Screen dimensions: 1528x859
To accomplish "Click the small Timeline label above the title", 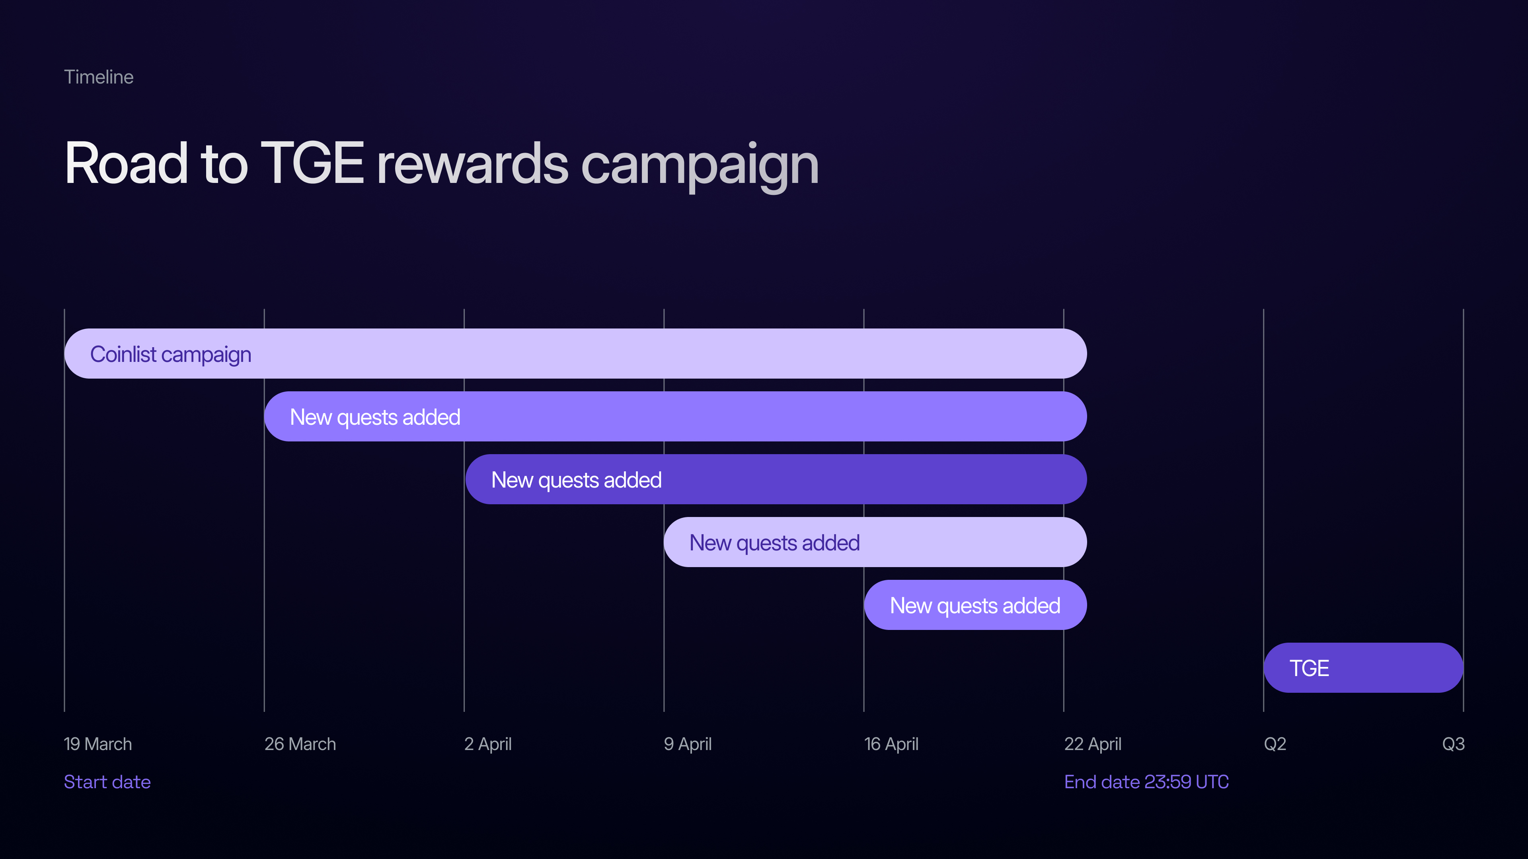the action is (x=98, y=77).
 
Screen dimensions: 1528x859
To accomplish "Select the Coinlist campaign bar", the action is (x=575, y=354).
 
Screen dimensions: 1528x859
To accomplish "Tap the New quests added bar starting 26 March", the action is (x=676, y=417).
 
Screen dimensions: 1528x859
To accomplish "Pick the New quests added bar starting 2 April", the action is (x=776, y=480).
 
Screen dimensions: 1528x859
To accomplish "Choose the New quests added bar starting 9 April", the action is (x=875, y=542).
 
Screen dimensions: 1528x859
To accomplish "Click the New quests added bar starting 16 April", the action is (x=976, y=605).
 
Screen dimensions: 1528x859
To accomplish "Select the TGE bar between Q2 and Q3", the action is (x=1364, y=668).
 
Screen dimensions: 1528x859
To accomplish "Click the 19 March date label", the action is (x=98, y=744).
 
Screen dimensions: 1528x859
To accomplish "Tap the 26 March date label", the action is (x=300, y=744).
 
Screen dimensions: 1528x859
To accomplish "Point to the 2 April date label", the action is (x=487, y=744).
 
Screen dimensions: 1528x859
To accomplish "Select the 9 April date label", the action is (x=688, y=744).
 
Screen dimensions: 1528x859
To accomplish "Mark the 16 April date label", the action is (x=891, y=744).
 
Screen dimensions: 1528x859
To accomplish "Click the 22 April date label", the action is (x=1093, y=744).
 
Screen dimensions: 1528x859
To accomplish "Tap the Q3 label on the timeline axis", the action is (x=1453, y=744).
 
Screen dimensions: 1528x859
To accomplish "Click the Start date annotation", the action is (x=107, y=782).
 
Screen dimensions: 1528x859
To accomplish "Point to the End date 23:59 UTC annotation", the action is (x=1146, y=782).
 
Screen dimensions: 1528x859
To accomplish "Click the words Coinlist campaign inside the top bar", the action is (x=171, y=354).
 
